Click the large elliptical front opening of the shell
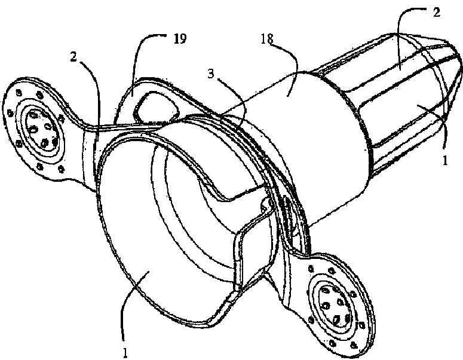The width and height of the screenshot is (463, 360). click(x=161, y=233)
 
